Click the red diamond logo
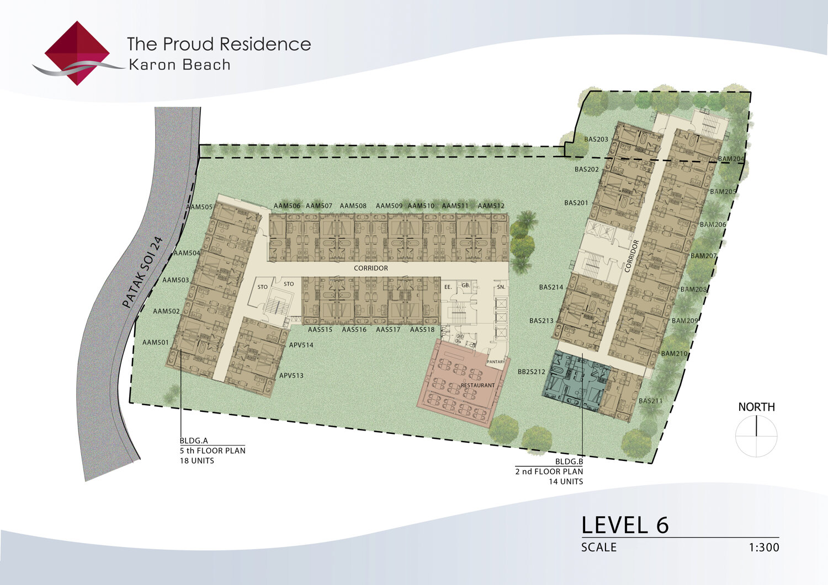77,53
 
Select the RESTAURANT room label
477,385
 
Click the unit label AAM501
156,343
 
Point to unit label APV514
301,345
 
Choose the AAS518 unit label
422,330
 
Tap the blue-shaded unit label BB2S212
532,372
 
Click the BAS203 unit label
596,139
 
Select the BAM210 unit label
675,354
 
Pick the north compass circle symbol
756,436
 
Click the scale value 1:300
764,548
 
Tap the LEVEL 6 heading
625,525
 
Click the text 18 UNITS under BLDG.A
197,461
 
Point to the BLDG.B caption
569,461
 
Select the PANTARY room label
496,362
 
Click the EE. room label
448,287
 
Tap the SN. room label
501,287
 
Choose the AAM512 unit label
491,206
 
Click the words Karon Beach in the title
179,65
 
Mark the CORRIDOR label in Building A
371,269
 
